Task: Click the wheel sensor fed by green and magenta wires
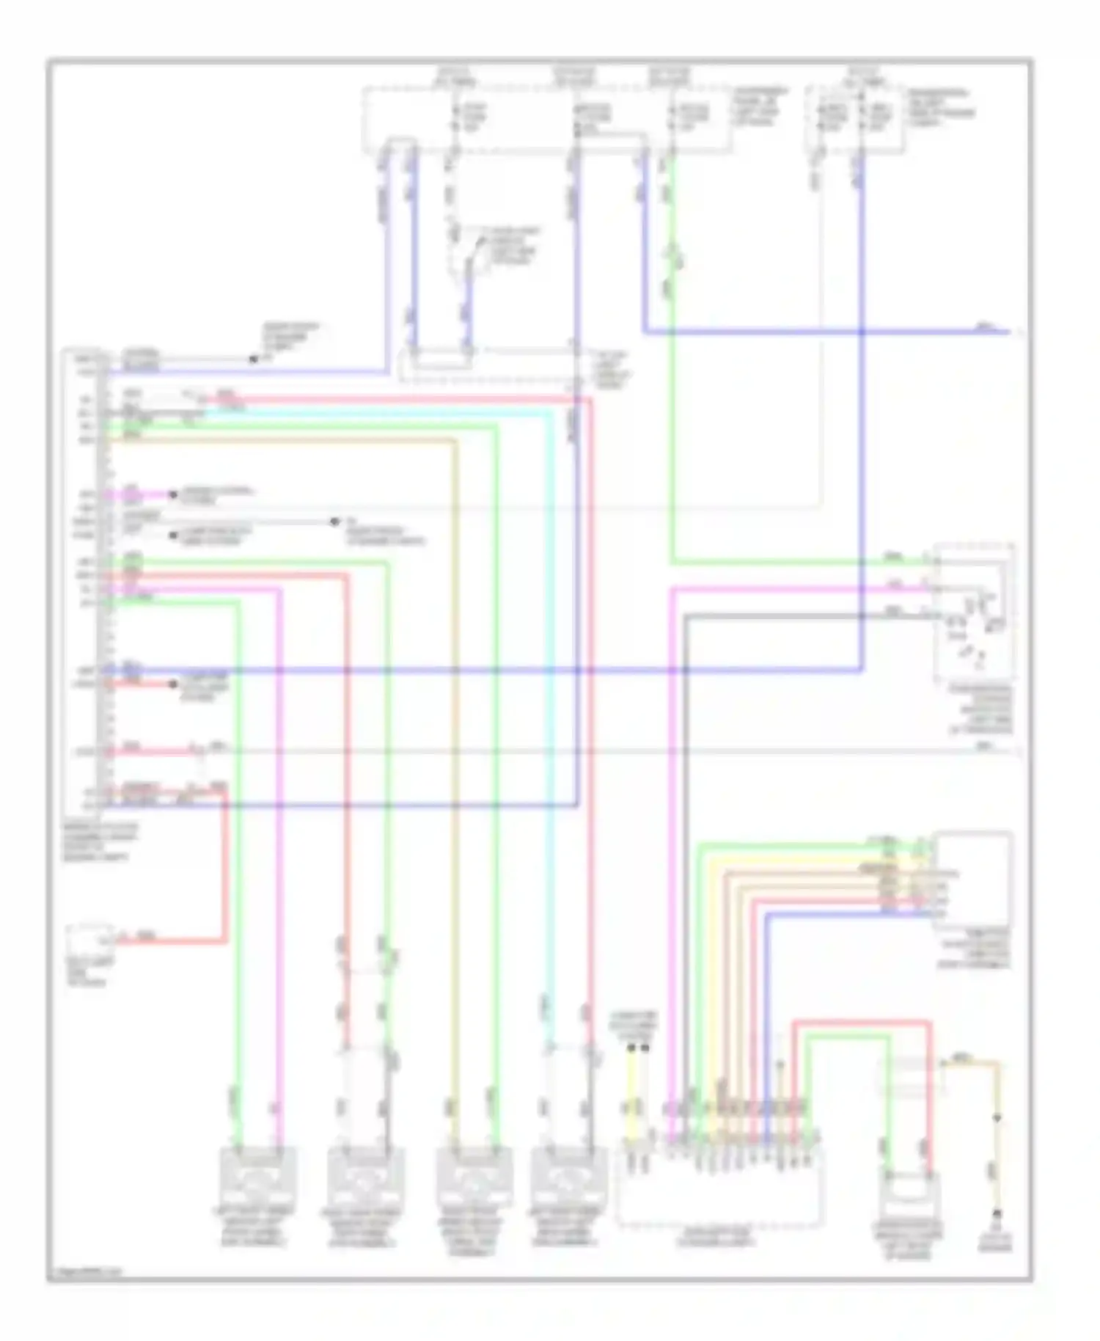[x=259, y=1174]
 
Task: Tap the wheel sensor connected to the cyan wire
[x=569, y=1174]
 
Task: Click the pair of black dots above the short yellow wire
[x=638, y=1048]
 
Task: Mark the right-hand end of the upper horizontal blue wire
[x=1009, y=332]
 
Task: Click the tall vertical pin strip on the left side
[x=103, y=580]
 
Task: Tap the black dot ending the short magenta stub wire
[x=174, y=495]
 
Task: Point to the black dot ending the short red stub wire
[x=174, y=684]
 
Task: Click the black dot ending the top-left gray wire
[x=254, y=359]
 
